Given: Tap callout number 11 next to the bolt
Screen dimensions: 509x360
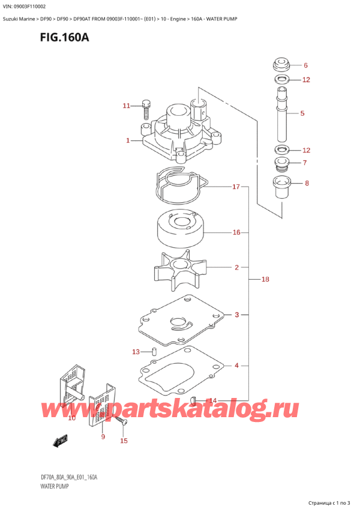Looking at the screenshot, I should point(126,106).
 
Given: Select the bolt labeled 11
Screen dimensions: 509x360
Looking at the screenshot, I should point(146,110).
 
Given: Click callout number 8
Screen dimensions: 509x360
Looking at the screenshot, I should point(307,184).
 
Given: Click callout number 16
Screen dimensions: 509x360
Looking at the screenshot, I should point(236,232).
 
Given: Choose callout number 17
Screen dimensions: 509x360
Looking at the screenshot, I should point(236,187).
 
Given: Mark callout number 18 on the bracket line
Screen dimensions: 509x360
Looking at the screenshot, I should point(265,279).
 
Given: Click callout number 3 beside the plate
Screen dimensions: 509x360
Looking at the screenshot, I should point(237,315).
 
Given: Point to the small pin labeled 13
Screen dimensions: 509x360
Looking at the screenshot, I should point(154,351).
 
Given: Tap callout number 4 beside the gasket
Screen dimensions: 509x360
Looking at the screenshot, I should point(237,365).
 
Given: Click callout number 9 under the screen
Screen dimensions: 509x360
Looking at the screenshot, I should point(103,436).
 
